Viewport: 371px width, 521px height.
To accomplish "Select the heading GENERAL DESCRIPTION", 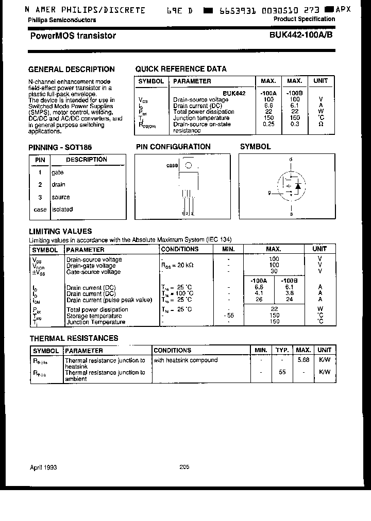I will click(71, 69).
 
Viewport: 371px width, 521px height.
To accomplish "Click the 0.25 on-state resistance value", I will click(268, 124).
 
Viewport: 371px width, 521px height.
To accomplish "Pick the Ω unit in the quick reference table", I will click(321, 124).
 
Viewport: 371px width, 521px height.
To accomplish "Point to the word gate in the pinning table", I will click(58, 172).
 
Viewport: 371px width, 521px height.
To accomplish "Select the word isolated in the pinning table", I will click(62, 210).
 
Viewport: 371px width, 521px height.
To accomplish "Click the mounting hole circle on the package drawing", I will click(189, 165).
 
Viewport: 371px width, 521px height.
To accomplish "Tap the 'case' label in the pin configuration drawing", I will click(172, 165).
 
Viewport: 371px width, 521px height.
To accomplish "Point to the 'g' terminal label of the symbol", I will click(269, 193).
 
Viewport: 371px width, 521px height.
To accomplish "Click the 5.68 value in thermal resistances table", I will click(303, 360).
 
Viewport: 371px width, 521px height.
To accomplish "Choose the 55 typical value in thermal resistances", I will click(282, 372).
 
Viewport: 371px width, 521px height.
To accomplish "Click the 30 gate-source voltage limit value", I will click(274, 271).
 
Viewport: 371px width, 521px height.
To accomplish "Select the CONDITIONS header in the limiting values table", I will click(180, 249).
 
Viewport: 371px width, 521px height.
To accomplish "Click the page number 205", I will click(184, 467).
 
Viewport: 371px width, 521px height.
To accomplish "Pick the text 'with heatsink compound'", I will click(185, 360).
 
